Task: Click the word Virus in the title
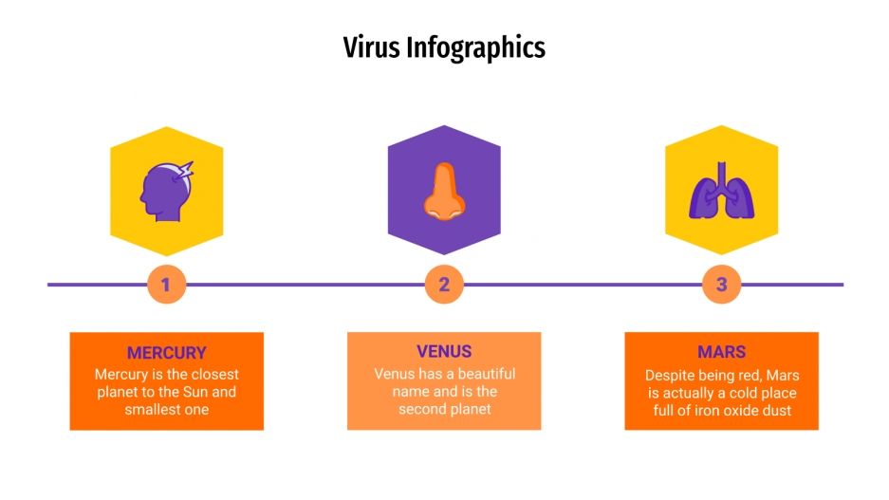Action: click(x=372, y=46)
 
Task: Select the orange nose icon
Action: click(x=443, y=192)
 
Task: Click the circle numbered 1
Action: click(x=167, y=284)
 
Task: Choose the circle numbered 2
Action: click(x=444, y=284)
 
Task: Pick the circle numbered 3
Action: click(x=721, y=284)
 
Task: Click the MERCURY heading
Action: click(x=167, y=352)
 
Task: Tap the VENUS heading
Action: click(x=444, y=351)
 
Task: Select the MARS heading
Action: click(x=721, y=352)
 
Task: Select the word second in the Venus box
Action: click(x=421, y=409)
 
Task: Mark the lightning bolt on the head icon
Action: click(x=184, y=172)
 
